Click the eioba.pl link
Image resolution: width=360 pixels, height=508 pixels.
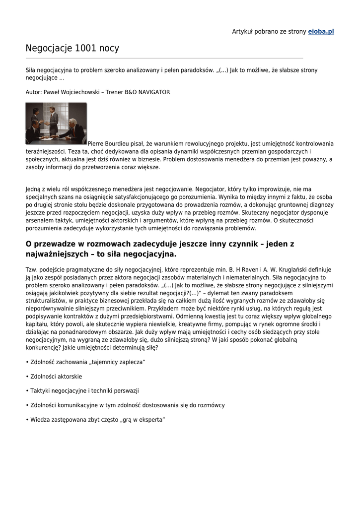(321, 32)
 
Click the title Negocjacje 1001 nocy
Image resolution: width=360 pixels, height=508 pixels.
(72, 48)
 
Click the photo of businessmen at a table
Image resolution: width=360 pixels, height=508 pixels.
(56, 124)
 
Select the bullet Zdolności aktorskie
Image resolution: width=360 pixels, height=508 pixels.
(56, 377)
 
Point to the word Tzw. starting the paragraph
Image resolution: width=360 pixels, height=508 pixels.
(32, 270)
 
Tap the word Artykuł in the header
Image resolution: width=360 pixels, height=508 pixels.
(243, 32)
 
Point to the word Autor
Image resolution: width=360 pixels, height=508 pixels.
(33, 92)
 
